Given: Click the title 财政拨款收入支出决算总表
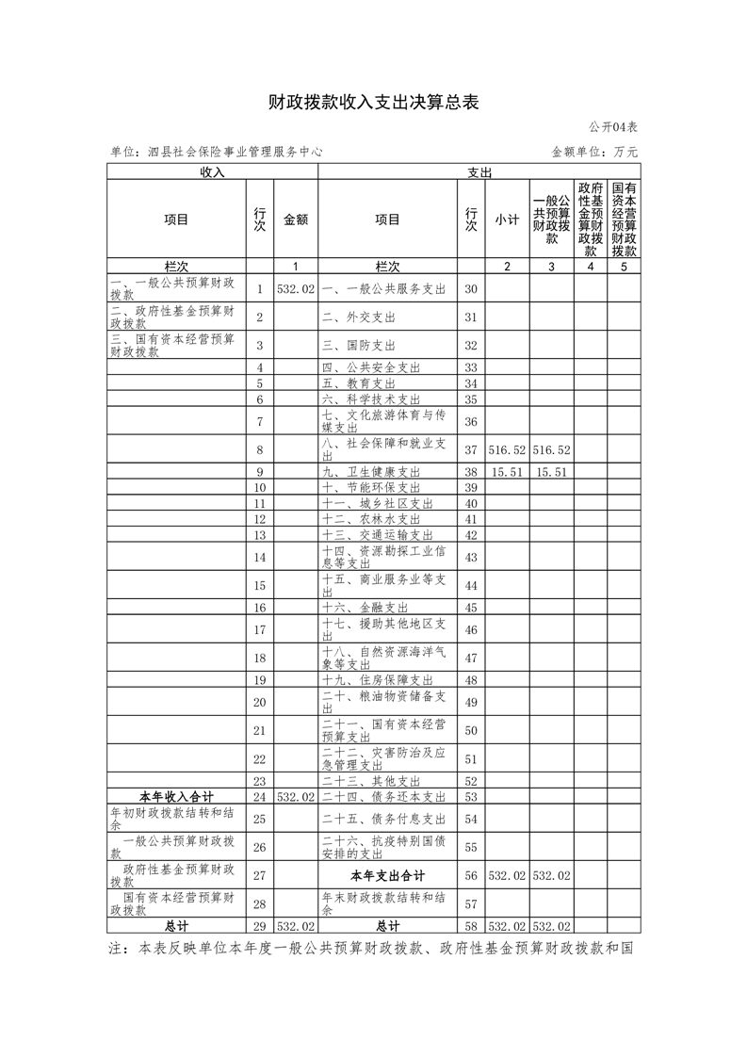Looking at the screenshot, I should [x=374, y=103].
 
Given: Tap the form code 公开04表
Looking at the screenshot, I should [x=613, y=127].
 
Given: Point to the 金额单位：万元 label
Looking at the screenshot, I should [x=594, y=151].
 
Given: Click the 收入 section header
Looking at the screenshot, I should [x=212, y=172].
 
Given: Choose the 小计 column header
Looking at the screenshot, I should [x=507, y=220].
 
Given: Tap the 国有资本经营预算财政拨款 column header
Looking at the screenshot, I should [x=624, y=220].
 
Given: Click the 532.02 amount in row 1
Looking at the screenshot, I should [x=296, y=289].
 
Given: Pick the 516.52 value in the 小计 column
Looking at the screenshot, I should [x=507, y=448].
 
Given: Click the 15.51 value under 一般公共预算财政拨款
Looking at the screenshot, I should [x=550, y=472].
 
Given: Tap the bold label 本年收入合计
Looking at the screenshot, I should [x=176, y=797].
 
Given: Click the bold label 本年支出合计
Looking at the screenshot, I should [x=387, y=875].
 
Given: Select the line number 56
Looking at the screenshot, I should [x=471, y=875].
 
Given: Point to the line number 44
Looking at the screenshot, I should [x=471, y=585].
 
